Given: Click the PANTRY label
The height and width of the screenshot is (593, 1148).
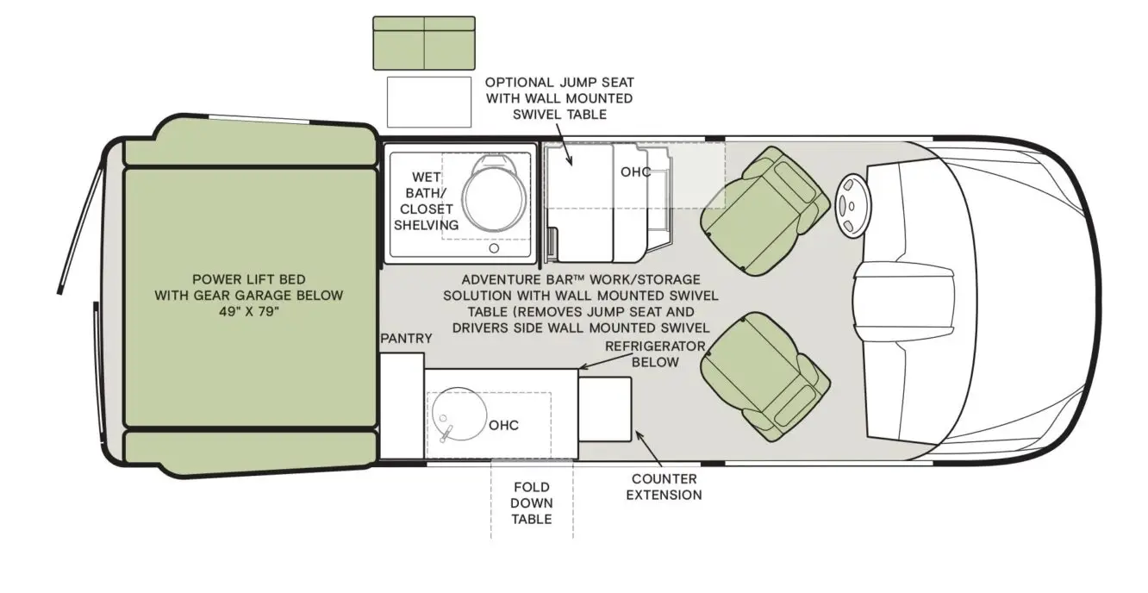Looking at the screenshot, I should point(406,339).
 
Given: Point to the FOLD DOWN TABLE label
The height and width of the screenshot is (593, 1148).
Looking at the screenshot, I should point(531,503).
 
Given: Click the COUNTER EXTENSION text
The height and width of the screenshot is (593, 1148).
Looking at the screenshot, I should point(664,487).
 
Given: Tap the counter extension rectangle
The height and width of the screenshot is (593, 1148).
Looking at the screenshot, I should point(604,409).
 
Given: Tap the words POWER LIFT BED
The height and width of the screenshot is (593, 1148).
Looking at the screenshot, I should point(248,279).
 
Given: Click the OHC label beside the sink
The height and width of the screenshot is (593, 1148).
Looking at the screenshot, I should point(503,426).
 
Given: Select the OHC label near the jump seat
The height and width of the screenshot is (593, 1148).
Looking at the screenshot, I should point(636,172).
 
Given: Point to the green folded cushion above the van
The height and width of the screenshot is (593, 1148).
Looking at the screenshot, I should point(423,42).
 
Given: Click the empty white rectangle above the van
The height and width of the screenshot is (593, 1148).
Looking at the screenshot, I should point(428,102).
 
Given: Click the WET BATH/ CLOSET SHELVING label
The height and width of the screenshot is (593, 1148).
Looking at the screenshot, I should point(426,201).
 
